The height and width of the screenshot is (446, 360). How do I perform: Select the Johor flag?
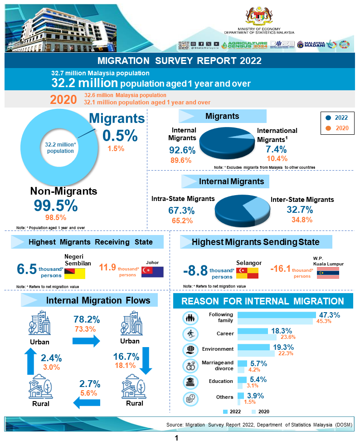152,272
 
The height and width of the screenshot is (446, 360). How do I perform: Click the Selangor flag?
247,273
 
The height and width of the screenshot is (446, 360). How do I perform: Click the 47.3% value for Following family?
330,315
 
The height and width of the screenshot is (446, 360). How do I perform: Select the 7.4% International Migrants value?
277,149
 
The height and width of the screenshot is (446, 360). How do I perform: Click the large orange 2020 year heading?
63,99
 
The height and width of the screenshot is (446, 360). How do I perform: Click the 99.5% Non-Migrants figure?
55,206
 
